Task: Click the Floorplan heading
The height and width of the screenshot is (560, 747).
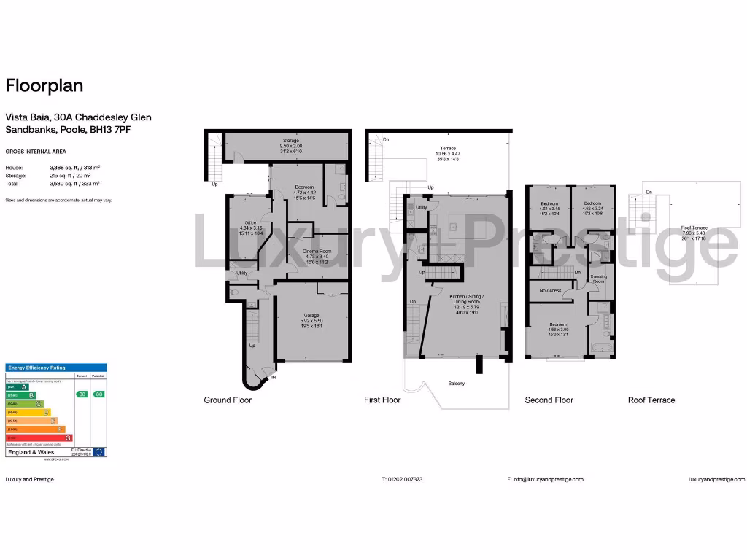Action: (x=44, y=86)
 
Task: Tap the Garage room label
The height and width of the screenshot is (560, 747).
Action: (x=312, y=316)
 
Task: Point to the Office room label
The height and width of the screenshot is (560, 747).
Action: (x=250, y=222)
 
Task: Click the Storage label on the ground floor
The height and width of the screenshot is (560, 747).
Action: (x=291, y=140)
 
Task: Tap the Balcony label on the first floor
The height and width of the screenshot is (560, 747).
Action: (x=457, y=384)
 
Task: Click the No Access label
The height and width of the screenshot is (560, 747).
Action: (x=550, y=290)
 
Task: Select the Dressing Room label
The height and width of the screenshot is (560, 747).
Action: (x=598, y=279)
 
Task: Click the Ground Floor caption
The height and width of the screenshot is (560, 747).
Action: (x=228, y=400)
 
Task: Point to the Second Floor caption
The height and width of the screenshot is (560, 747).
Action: (x=549, y=400)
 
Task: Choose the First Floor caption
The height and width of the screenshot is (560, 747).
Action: (x=382, y=400)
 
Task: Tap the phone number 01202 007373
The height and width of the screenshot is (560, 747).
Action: (x=405, y=479)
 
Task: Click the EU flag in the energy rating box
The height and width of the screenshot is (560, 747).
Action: (x=98, y=452)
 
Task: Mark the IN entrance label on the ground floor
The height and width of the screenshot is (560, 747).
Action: (x=274, y=378)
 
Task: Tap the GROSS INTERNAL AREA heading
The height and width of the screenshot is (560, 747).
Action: (x=36, y=152)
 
